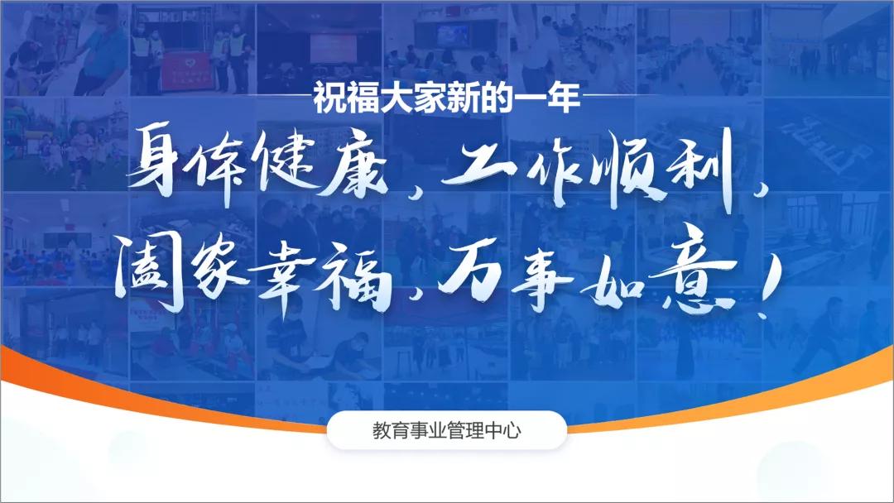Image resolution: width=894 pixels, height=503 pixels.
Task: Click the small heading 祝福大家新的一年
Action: pyautogui.click(x=447, y=100)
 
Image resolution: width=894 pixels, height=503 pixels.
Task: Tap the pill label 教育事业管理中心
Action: pyautogui.click(x=447, y=430)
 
